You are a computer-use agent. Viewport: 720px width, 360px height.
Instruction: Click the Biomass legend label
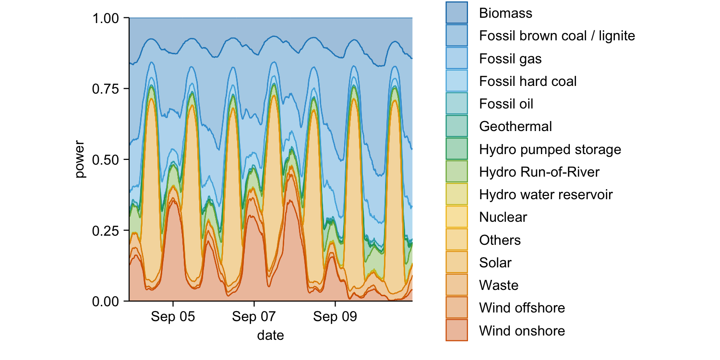[505, 13]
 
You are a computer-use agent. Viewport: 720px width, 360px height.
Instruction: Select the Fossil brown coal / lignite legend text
[557, 36]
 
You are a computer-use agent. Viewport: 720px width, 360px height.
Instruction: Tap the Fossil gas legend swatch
[456, 59]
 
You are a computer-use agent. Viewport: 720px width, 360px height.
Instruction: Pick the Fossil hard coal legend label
[528, 81]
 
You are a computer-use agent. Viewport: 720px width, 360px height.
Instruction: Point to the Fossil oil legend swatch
[456, 104]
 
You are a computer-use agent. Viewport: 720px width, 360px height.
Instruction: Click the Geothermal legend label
[515, 126]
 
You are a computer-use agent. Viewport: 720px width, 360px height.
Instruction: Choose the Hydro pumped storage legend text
[550, 149]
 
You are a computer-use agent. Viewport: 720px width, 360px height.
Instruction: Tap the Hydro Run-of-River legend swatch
[456, 172]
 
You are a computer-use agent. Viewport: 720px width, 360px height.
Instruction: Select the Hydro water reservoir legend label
[546, 194]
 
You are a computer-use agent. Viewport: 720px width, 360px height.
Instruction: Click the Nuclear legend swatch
[456, 217]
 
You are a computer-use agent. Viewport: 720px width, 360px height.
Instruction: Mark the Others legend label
[500, 240]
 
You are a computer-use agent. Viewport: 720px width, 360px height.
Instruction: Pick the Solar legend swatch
[456, 263]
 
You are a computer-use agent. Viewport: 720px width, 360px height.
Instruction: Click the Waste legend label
[499, 286]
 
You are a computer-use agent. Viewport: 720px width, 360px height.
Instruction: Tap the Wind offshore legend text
[522, 308]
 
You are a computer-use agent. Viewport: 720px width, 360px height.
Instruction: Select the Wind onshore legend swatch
[456, 331]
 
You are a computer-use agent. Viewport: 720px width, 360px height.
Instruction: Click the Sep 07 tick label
[254, 317]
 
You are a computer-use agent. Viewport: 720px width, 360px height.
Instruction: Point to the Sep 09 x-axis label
[335, 317]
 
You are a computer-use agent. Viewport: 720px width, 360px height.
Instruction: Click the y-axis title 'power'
[80, 159]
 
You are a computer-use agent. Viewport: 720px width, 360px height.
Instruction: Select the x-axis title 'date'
[270, 335]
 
